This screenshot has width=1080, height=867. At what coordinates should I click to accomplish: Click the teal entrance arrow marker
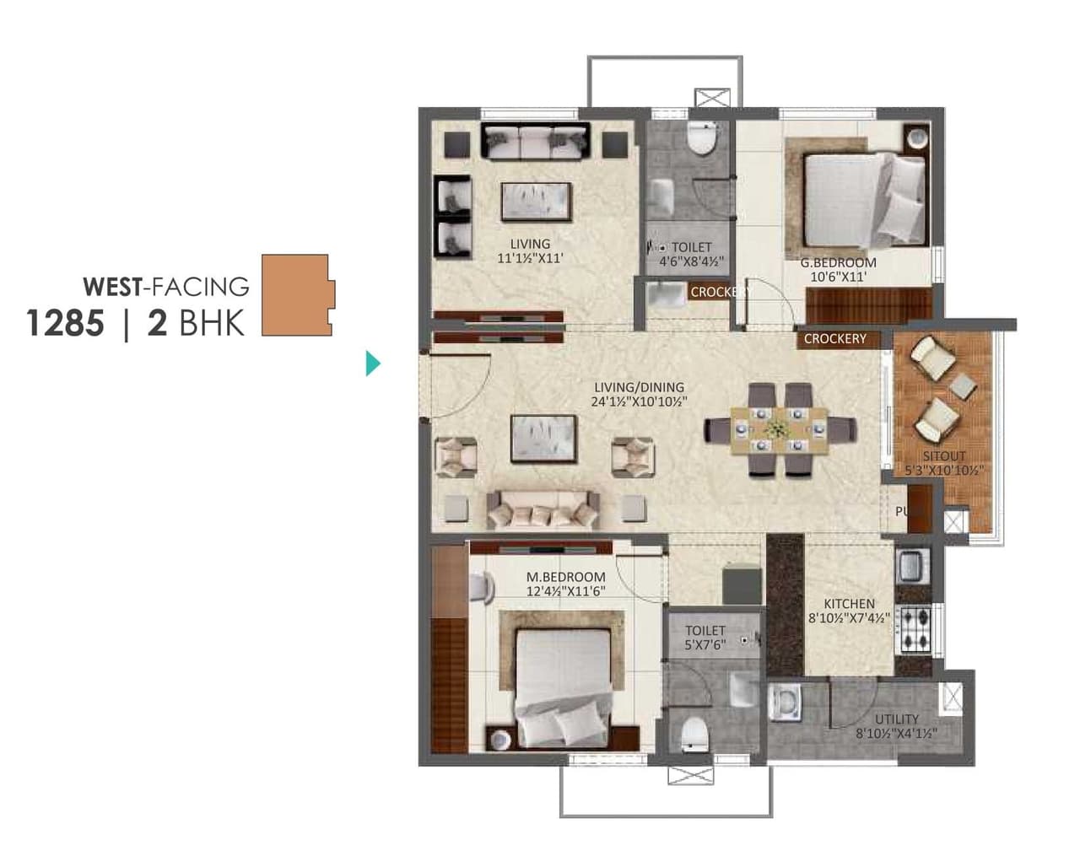tap(373, 363)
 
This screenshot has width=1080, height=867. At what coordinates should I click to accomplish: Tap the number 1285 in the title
tap(65, 323)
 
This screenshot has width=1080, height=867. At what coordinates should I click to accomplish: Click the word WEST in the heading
tap(111, 287)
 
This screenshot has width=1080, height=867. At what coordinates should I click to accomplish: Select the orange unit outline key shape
tap(295, 295)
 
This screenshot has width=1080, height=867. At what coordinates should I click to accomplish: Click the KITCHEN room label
tap(849, 604)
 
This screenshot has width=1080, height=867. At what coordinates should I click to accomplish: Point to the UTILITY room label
tap(896, 719)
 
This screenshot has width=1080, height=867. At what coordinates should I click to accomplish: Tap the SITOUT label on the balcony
tap(943, 456)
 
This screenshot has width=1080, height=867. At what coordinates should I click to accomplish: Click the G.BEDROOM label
tap(838, 262)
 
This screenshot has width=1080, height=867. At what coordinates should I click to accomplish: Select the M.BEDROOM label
tap(565, 577)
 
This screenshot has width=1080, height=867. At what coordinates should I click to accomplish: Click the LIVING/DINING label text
tap(639, 388)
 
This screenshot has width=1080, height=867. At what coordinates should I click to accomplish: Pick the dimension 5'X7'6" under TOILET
tap(705, 645)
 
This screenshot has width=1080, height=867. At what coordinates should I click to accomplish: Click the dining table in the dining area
tap(780, 430)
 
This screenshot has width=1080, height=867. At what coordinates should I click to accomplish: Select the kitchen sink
tap(911, 565)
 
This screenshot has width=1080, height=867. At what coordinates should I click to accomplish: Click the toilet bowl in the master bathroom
tap(694, 734)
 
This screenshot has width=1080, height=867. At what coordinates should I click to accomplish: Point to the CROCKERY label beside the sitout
tap(834, 338)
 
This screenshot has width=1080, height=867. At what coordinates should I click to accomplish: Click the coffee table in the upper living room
tap(537, 202)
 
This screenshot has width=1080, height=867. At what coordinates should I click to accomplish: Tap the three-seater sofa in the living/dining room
tap(543, 509)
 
